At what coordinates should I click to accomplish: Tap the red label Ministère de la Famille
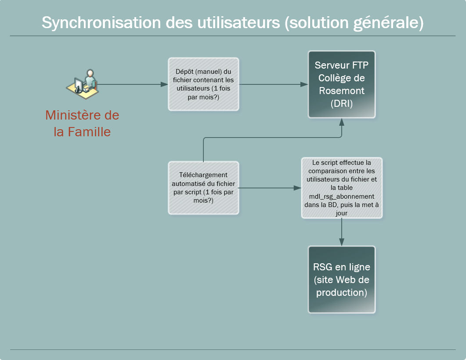[82, 124]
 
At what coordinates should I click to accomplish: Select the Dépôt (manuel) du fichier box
[204, 84]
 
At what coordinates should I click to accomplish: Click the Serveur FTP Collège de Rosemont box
[342, 84]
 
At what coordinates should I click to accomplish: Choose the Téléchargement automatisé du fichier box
[204, 188]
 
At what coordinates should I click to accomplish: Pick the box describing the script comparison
[342, 188]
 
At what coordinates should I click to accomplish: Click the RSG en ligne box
[342, 280]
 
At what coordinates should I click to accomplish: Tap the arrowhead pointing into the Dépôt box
[165, 84]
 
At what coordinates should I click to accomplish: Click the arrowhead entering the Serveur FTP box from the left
[304, 84]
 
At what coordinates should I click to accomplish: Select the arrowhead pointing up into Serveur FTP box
[342, 122]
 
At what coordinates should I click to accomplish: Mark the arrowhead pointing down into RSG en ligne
[342, 242]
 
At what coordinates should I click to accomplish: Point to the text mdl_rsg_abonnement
[341, 196]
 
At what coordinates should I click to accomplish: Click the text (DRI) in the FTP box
[342, 104]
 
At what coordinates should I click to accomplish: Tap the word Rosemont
[342, 91]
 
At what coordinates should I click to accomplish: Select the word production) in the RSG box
[342, 292]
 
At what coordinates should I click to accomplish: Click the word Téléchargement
[204, 175]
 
